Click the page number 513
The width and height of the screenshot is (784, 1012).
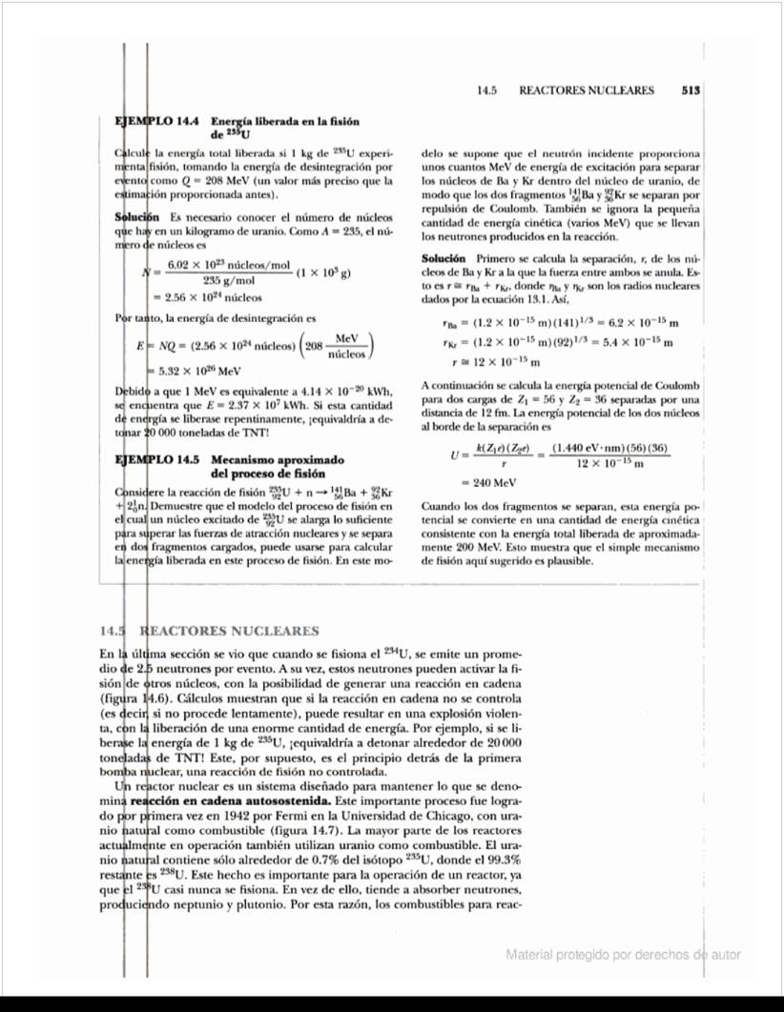(691, 91)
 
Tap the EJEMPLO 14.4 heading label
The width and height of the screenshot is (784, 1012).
(156, 122)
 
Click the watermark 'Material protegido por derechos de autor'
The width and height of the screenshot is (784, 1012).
(623, 955)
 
